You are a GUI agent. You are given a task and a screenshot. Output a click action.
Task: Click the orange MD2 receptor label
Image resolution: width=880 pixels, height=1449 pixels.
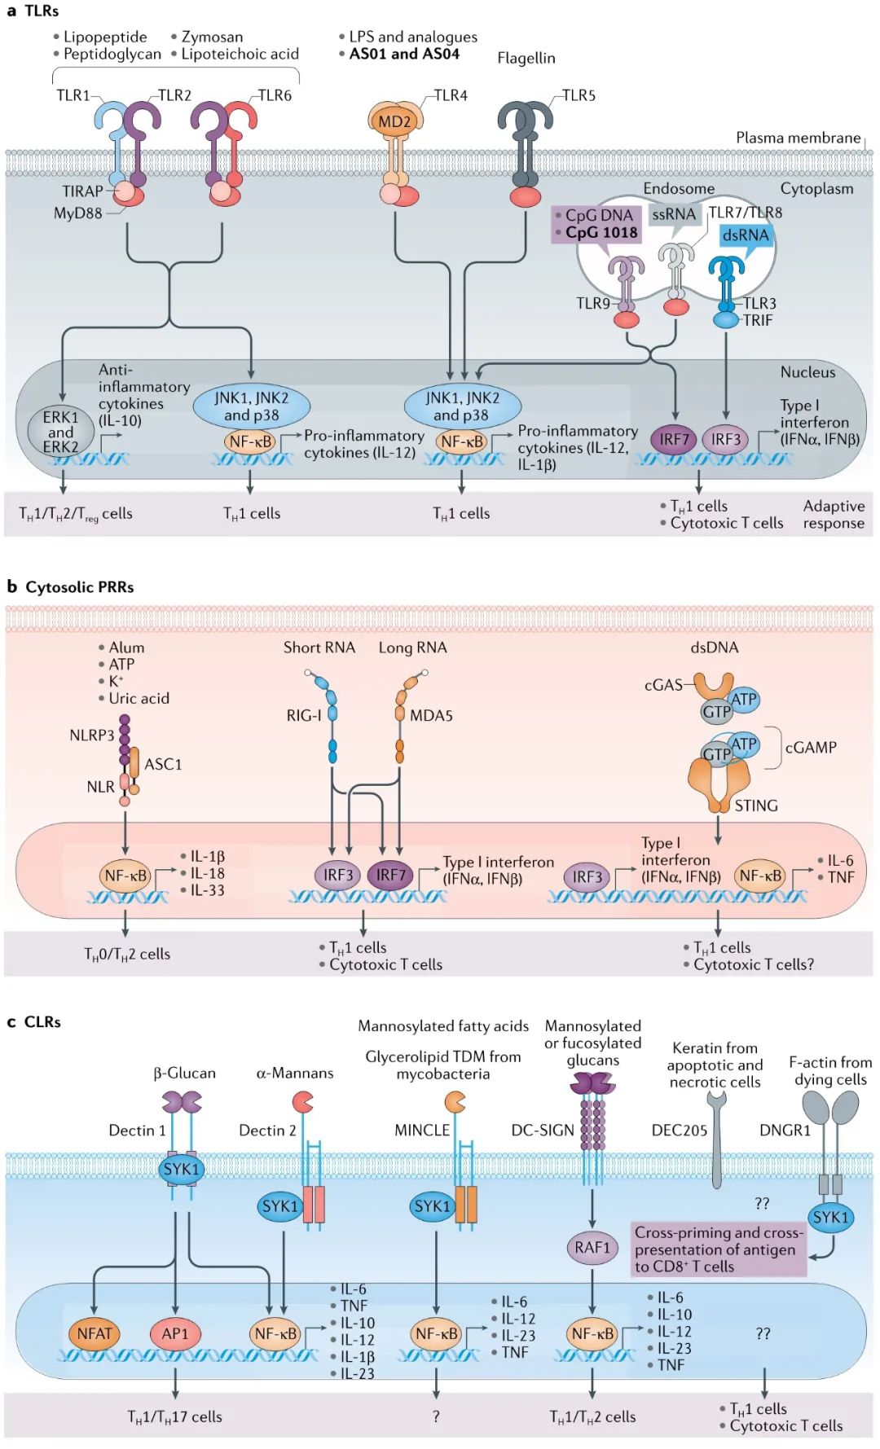point(394,122)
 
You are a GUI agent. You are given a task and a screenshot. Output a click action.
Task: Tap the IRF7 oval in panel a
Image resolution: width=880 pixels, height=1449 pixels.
point(674,440)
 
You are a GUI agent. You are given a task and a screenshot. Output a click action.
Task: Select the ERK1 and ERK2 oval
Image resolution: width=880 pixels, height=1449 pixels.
point(61,432)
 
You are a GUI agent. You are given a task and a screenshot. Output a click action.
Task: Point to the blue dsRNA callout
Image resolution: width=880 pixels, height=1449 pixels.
point(745,235)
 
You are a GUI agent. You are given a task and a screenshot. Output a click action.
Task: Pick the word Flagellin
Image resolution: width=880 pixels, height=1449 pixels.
point(526,58)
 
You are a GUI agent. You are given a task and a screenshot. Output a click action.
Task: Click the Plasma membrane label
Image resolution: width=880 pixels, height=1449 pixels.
point(798,138)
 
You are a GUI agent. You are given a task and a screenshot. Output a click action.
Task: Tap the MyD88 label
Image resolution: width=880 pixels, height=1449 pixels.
point(77,213)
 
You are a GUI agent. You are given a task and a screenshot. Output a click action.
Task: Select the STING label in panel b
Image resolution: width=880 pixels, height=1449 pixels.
point(755,806)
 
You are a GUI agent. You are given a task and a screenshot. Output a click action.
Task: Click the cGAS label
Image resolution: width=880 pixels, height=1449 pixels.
point(662,685)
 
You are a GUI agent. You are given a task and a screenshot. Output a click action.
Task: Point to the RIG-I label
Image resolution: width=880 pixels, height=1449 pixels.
point(303,715)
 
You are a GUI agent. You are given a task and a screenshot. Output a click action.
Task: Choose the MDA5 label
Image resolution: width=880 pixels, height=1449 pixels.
point(431,715)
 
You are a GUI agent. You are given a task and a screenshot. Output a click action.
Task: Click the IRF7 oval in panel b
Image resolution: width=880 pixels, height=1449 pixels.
point(390,875)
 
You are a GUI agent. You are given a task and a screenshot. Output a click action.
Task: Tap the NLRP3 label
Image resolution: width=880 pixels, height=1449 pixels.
point(91,735)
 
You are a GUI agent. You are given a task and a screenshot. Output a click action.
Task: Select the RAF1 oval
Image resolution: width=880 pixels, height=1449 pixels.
point(592,1247)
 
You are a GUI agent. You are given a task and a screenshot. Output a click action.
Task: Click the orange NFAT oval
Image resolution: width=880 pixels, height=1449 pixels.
point(95,1333)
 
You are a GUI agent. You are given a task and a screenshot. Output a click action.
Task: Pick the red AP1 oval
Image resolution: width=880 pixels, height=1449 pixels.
point(174,1333)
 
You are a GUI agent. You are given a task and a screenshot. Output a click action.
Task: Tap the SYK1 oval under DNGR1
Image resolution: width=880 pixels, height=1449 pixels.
point(830,1217)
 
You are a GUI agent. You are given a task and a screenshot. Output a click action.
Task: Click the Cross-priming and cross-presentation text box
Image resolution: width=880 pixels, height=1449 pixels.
point(719,1249)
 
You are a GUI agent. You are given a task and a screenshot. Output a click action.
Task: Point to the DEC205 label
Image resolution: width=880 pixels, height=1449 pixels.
point(679,1130)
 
